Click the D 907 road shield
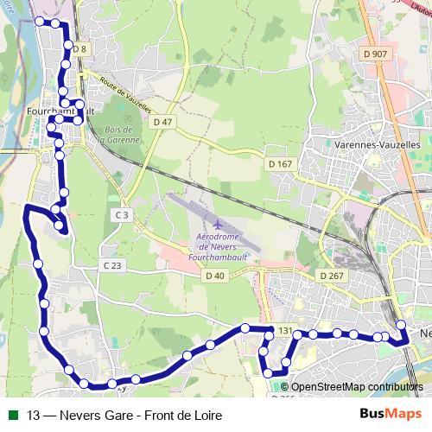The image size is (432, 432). (376, 54)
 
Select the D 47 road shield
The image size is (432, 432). (162, 122)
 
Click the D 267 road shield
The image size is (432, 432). (332, 276)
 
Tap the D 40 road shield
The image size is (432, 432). (215, 276)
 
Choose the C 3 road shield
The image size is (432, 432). (121, 214)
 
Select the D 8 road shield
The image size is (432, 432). (80, 49)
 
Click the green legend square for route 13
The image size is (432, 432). (11, 416)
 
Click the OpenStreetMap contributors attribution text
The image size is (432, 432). (355, 386)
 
